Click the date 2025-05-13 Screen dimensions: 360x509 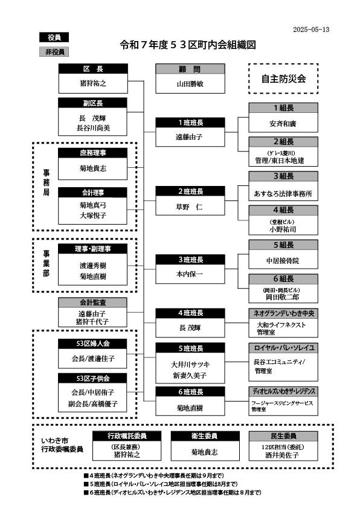[311, 30]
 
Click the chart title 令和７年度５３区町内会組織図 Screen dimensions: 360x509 [188, 45]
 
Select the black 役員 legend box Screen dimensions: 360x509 [54, 37]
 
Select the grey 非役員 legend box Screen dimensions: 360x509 [54, 51]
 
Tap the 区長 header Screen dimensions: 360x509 [93, 69]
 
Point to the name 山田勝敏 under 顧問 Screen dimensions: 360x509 [190, 84]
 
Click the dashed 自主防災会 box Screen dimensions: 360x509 [283, 78]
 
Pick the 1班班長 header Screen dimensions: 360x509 [190, 123]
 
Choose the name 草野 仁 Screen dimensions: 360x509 [189, 206]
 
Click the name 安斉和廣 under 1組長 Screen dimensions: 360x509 [283, 124]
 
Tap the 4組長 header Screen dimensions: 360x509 [283, 210]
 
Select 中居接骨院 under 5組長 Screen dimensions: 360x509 [283, 261]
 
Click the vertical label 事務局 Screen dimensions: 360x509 [47, 182]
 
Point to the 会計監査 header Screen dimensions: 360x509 [93, 303]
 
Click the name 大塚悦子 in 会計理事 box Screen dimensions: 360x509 [93, 216]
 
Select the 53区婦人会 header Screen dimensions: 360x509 [93, 344]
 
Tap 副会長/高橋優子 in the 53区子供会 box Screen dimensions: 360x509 [93, 404]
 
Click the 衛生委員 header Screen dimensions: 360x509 [205, 436]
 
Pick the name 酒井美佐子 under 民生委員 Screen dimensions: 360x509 [281, 455]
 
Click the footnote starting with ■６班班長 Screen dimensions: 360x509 [172, 493]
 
